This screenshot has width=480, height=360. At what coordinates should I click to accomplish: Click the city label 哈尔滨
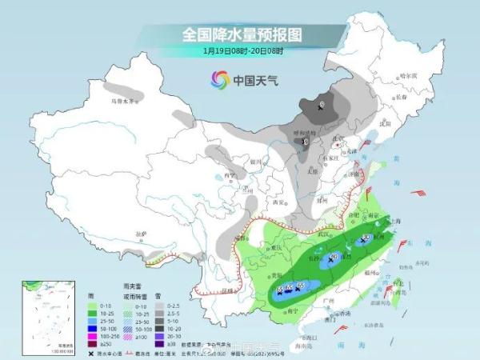(x=409, y=74)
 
